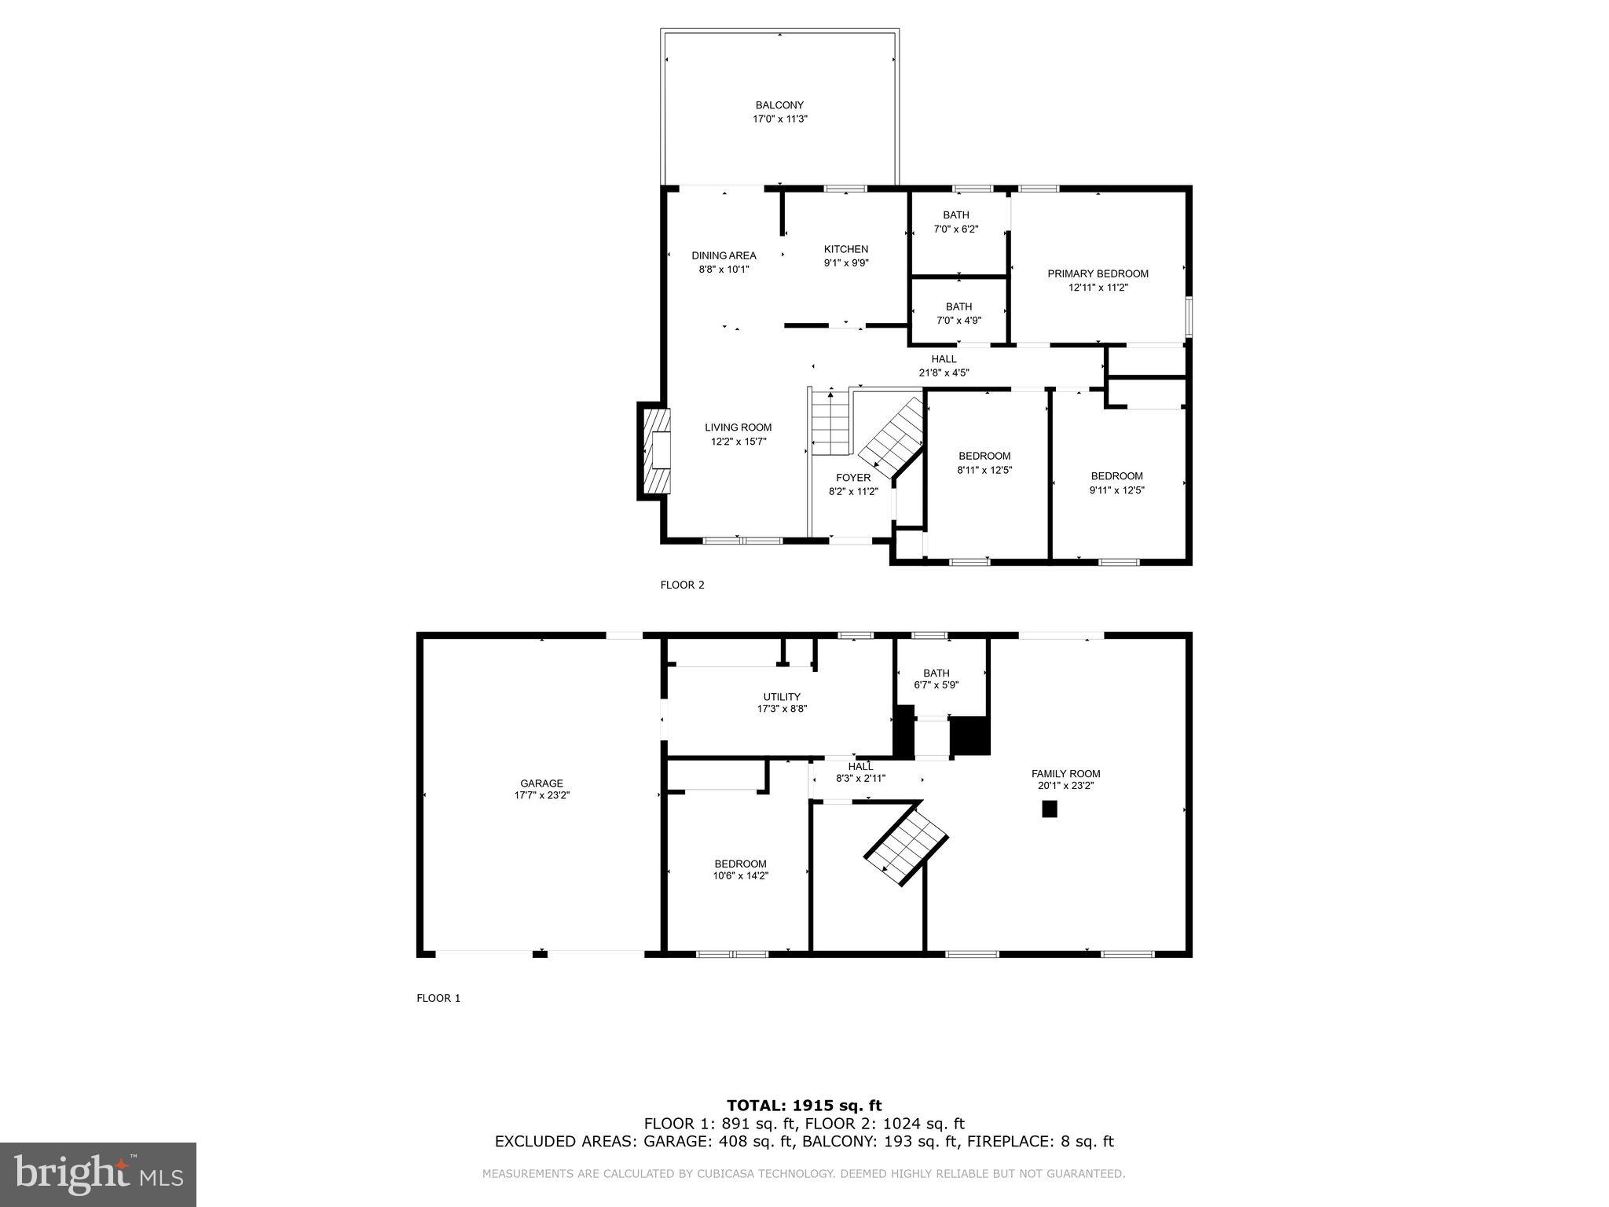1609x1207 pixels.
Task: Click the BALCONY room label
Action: coord(779,105)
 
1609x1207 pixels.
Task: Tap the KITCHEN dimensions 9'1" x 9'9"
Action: coord(845,263)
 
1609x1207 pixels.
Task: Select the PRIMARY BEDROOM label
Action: coord(1098,273)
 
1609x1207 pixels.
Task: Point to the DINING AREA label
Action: coord(724,255)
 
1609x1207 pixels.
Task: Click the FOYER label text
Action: coord(852,478)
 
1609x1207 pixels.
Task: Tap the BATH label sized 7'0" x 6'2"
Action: coord(956,215)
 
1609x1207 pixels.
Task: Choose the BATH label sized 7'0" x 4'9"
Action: coord(958,307)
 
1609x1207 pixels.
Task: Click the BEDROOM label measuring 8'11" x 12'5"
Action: coord(984,457)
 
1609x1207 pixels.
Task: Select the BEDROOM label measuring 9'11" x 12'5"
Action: coord(1116,476)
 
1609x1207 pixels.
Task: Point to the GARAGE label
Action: coord(541,783)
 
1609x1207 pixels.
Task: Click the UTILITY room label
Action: coord(782,697)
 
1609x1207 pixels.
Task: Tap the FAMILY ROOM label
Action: coord(1065,774)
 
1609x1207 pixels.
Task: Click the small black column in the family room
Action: coord(1049,809)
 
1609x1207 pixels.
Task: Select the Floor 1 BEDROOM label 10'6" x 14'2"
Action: coord(740,864)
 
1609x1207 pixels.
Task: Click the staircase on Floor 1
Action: coord(908,847)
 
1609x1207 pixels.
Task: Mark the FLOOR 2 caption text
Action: coord(682,585)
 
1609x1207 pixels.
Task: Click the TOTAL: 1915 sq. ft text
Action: coord(804,1106)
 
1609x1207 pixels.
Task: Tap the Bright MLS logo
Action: coord(98,1174)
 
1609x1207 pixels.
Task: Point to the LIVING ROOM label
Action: coord(738,427)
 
